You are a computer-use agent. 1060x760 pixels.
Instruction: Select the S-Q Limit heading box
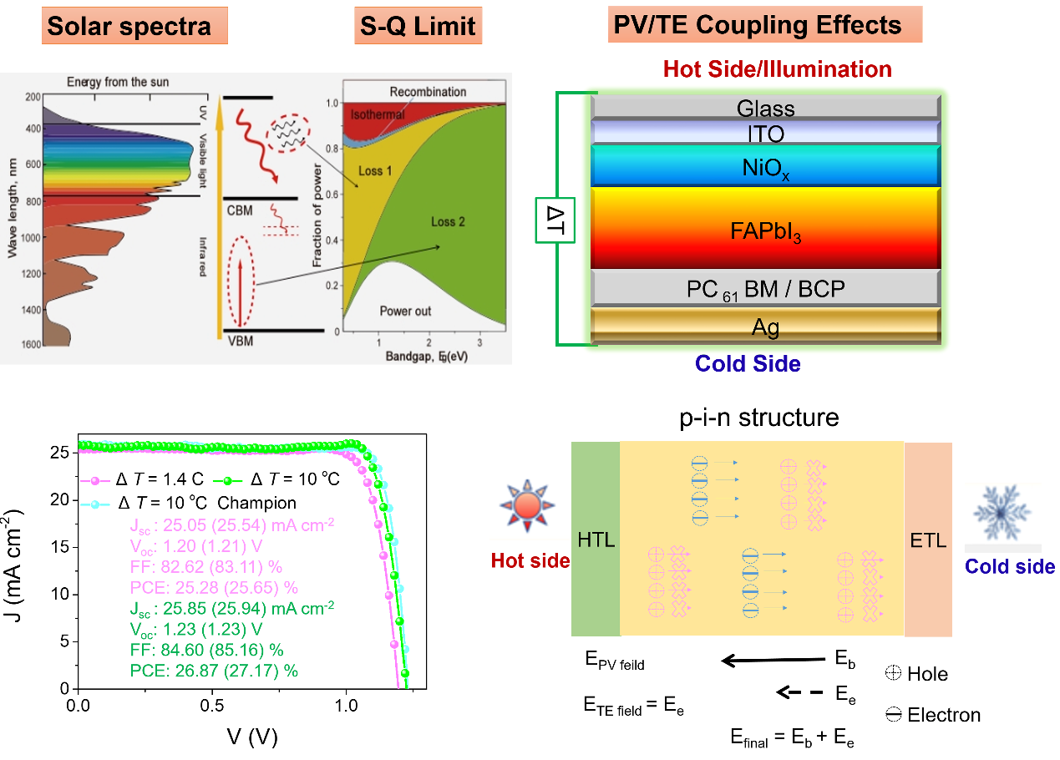point(418,26)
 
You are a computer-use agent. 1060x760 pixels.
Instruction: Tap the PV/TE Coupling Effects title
point(758,24)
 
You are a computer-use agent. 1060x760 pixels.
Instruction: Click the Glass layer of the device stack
point(765,108)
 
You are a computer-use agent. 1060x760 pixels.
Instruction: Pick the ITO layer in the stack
point(765,133)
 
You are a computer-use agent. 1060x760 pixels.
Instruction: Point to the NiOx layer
point(765,165)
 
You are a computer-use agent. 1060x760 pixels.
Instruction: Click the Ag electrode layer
point(765,327)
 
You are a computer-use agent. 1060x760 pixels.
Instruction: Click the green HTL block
point(596,540)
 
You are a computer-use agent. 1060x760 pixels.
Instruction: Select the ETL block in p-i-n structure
point(928,540)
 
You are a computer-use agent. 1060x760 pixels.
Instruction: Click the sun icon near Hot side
point(526,507)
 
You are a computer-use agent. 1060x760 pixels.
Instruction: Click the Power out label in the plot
point(405,311)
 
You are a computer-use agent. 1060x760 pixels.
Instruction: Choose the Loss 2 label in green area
point(449,222)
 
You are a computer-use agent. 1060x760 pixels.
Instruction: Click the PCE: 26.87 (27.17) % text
point(214,670)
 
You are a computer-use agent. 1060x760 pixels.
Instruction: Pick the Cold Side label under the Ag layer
point(748,364)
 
